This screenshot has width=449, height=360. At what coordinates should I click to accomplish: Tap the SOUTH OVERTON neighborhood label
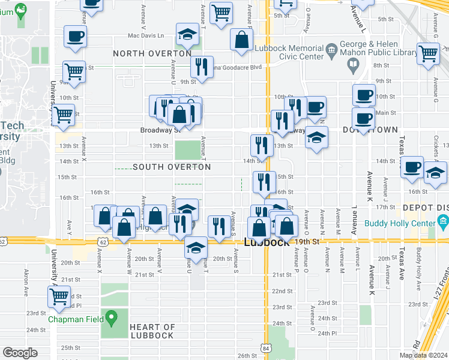pos(172,167)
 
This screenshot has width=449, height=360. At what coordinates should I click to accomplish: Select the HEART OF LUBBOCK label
pos(152,331)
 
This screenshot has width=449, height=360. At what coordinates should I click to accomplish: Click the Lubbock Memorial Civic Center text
pos(288,52)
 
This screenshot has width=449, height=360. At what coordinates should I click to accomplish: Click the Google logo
pos(20,353)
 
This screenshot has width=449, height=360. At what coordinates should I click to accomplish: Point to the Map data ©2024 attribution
pos(423,355)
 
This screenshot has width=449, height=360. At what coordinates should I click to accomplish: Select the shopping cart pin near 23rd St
pos(59,296)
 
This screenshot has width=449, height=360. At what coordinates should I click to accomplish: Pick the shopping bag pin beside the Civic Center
pos(241,40)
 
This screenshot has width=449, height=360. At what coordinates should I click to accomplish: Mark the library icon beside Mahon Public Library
pos(354,64)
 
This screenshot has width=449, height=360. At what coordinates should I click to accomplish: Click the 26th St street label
pos(247,356)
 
